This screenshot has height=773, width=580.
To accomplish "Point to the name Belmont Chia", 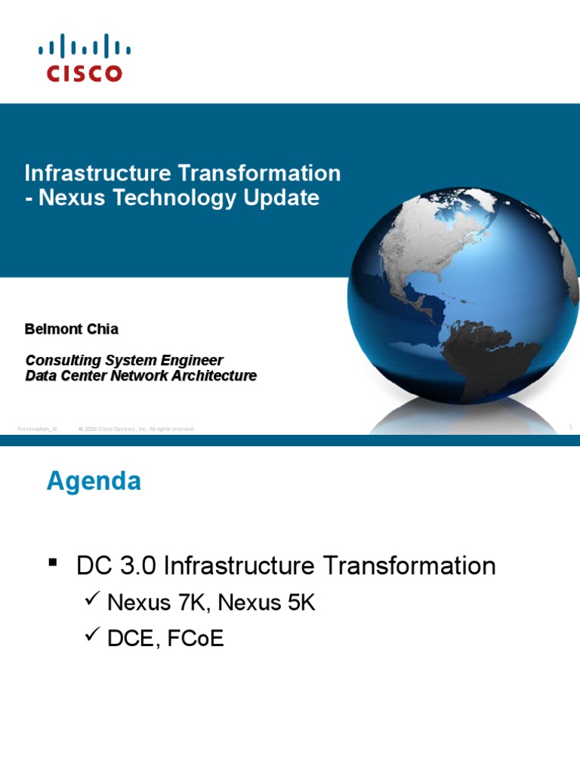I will coord(71,329).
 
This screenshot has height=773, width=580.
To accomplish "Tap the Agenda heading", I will coord(94,481).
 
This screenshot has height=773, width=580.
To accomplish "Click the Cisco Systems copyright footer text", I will coord(136,429).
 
